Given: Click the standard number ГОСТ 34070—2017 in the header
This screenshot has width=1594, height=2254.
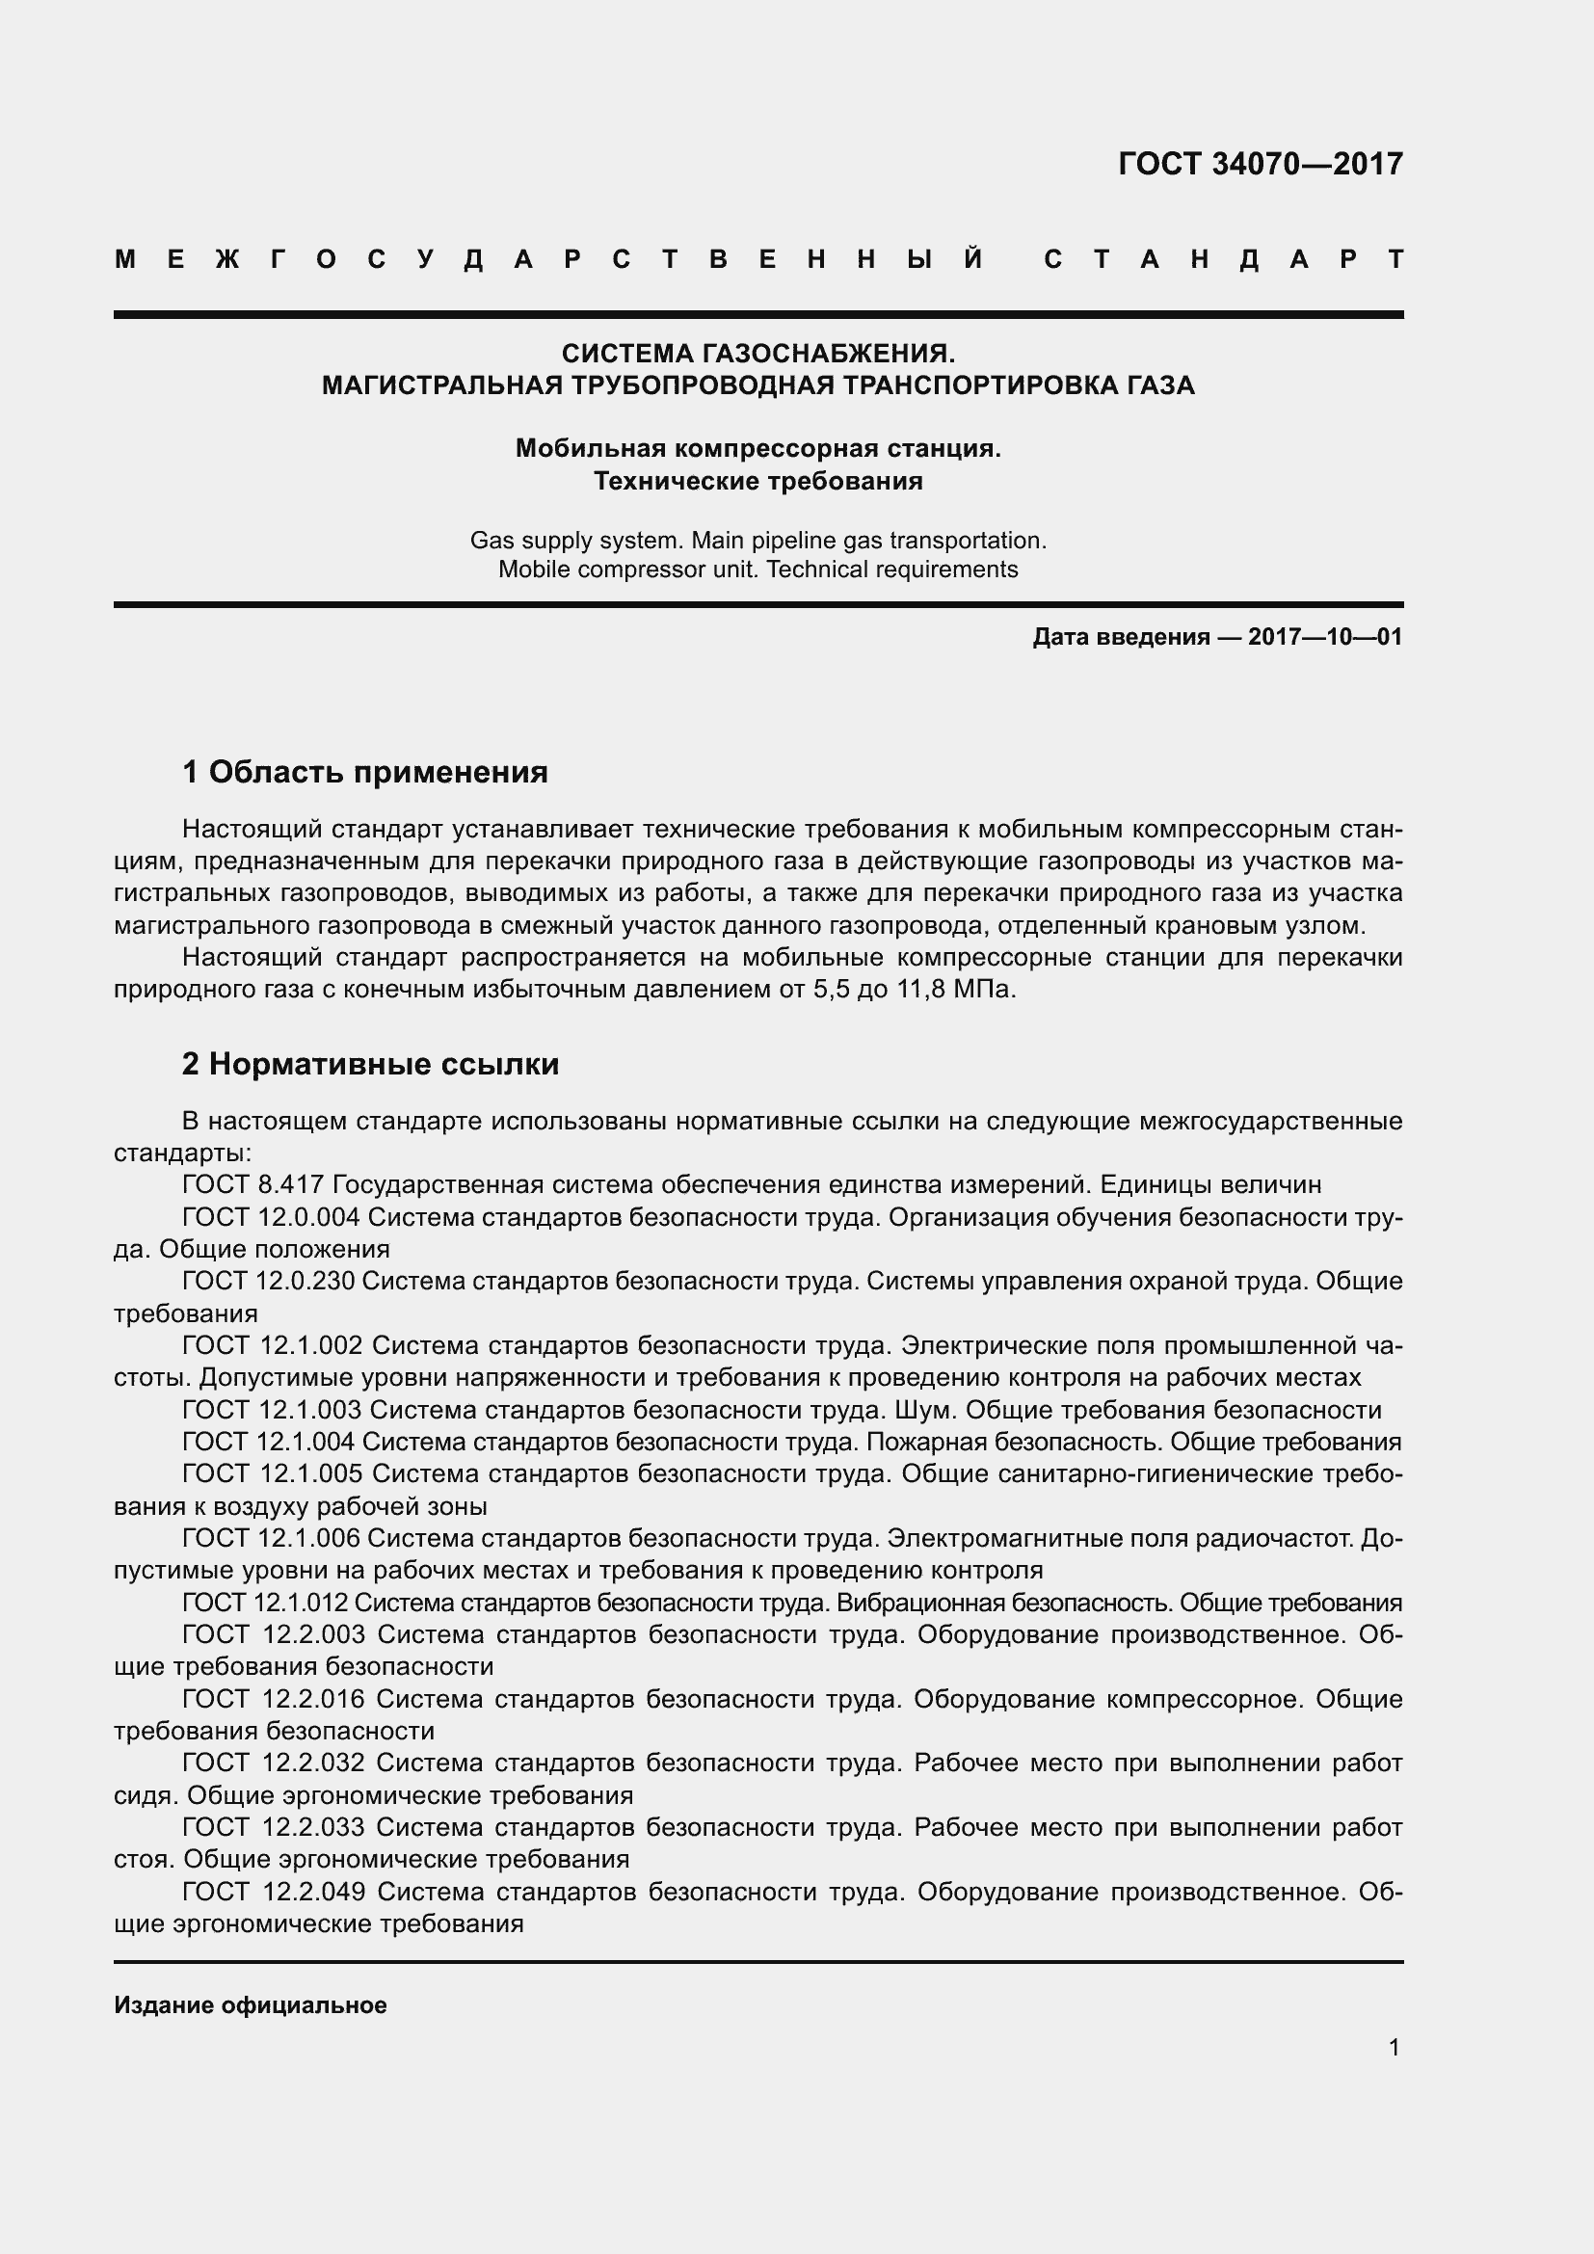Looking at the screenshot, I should pyautogui.click(x=1261, y=164).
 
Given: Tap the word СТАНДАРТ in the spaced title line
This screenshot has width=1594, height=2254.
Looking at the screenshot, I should pyautogui.click(x=1223, y=260).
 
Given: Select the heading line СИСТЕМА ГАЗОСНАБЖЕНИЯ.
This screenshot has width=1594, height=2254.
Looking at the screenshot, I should pyautogui.click(x=757, y=353).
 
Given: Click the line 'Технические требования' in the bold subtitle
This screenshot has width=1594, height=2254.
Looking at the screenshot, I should pyautogui.click(x=757, y=481).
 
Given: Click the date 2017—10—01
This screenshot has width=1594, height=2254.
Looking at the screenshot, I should pyautogui.click(x=1324, y=637).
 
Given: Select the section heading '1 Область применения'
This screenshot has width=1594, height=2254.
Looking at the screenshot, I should pyautogui.click(x=364, y=773).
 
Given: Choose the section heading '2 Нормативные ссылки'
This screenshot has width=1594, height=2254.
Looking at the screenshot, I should pyautogui.click(x=370, y=1064).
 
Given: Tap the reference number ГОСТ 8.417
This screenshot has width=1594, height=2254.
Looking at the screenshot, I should pyautogui.click(x=252, y=1185).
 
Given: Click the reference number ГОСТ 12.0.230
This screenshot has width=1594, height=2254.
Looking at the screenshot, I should pyautogui.click(x=268, y=1281).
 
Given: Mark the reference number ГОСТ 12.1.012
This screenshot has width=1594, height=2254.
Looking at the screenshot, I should pyautogui.click(x=265, y=1604).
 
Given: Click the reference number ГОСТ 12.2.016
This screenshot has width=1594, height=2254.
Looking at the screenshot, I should pyautogui.click(x=273, y=1699).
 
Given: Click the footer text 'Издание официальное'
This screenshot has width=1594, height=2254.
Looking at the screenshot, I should pyautogui.click(x=251, y=2005).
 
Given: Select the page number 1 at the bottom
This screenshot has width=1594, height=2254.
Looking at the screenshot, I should pyautogui.click(x=1394, y=2048).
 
